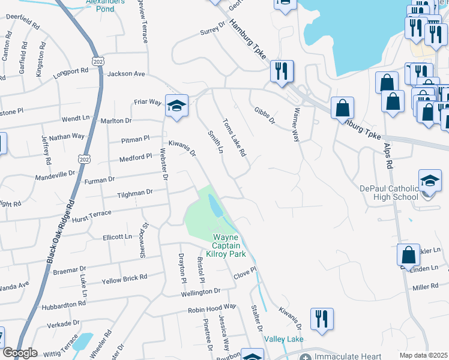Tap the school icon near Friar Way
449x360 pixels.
click(176, 106)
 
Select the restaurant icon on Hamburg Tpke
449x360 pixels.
click(281, 71)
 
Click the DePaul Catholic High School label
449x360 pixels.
click(388, 193)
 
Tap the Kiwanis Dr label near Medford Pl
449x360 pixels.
click(182, 148)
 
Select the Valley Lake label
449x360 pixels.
click(285, 339)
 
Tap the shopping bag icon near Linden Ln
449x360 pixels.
click(408, 255)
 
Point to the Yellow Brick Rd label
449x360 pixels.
click(124, 278)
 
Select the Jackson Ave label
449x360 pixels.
click(126, 74)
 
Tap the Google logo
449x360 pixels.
click(20, 353)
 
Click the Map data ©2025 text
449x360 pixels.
click(423, 355)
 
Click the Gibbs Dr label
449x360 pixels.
click(264, 116)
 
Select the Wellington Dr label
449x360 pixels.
click(200, 292)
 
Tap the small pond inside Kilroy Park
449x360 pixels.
click(214, 206)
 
